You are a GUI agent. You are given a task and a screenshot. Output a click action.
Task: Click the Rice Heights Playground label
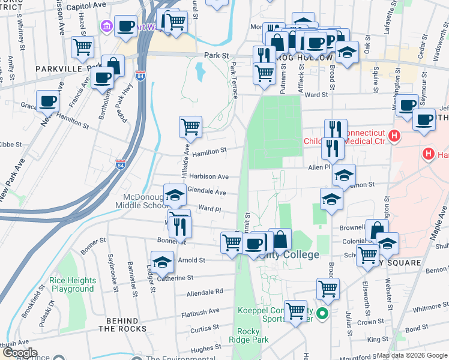tap(73, 284)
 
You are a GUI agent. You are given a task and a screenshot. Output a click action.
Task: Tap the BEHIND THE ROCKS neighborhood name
tap(122, 325)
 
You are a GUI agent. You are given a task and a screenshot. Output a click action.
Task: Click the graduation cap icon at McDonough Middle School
tap(175, 194)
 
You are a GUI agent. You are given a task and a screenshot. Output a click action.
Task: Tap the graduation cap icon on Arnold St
tap(162, 261)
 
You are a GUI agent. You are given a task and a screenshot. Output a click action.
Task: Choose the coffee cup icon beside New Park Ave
tap(47, 100)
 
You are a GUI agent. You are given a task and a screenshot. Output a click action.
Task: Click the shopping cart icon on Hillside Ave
tap(190, 127)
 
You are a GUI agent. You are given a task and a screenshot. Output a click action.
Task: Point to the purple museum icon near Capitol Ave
tap(107, 26)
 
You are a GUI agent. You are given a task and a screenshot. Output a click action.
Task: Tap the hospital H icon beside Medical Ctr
tap(394, 136)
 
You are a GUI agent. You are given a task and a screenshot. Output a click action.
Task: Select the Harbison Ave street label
tap(209, 177)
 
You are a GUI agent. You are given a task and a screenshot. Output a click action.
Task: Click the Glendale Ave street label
tap(206, 193)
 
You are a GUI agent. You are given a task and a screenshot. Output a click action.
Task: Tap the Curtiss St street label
tap(205, 329)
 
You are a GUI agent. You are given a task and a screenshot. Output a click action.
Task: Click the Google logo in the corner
tap(19, 352)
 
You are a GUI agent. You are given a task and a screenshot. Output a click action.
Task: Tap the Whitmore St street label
tap(427, 308)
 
